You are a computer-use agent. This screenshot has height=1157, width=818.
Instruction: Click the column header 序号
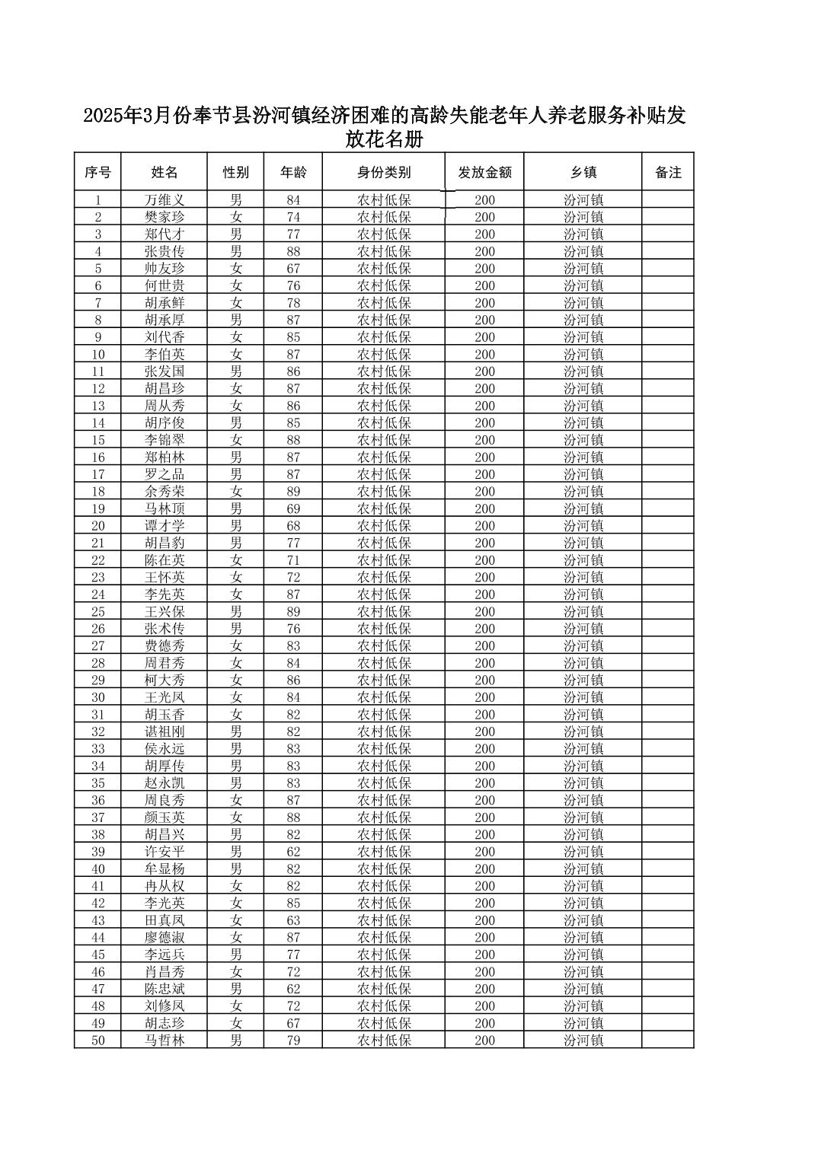(97, 173)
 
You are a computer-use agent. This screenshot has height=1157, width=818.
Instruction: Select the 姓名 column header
(164, 173)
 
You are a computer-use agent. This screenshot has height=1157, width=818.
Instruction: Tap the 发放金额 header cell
(484, 173)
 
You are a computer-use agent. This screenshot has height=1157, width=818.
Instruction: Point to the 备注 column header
(668, 173)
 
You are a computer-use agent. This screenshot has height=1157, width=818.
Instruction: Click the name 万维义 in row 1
(165, 200)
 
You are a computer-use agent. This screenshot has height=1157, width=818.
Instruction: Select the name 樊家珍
(165, 217)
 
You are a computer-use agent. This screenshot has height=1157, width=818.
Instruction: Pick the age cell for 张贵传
(293, 251)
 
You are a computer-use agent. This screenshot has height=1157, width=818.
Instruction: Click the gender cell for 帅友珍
(236, 269)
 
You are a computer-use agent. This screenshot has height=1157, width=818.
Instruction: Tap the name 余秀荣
(165, 492)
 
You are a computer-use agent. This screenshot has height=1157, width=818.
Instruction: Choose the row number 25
(97, 612)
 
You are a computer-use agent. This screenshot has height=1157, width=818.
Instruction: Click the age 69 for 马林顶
(293, 508)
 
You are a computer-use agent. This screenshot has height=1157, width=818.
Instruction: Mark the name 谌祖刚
(165, 731)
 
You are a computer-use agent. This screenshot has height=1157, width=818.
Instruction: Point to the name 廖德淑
(165, 938)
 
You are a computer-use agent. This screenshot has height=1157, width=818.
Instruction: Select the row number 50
(97, 1041)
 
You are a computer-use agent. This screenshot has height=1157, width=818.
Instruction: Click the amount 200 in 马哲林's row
(484, 1041)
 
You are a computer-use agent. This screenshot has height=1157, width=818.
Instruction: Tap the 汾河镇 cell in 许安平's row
(583, 852)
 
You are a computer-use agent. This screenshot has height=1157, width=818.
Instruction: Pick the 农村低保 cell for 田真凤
(384, 920)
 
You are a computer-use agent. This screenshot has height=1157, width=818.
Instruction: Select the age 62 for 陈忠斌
(293, 989)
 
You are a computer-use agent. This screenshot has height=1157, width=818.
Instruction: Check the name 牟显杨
(165, 869)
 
